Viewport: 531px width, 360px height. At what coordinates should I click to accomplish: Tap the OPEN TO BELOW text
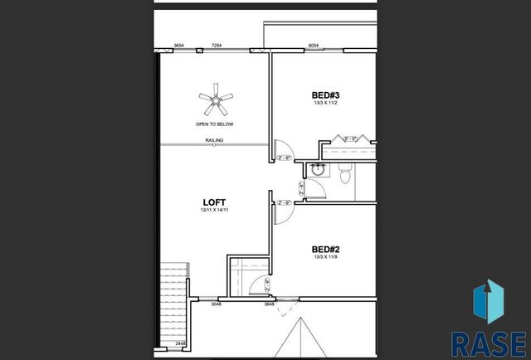(x=214, y=124)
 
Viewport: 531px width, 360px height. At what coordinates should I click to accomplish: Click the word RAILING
(x=214, y=140)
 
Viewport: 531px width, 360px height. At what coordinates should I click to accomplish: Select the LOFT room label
(x=214, y=202)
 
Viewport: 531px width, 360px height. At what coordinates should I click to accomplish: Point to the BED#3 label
(x=326, y=95)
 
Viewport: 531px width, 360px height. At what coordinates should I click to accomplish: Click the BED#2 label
(x=325, y=248)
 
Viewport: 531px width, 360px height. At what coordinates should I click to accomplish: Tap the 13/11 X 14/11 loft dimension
(x=214, y=211)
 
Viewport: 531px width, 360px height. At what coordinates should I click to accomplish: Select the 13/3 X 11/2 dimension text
(x=326, y=104)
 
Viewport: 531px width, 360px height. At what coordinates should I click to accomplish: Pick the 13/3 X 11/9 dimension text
(x=325, y=257)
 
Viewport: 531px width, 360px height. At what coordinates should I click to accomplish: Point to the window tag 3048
(x=216, y=304)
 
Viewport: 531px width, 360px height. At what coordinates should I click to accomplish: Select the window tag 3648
(x=269, y=304)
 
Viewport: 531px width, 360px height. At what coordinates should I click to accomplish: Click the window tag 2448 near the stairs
(x=180, y=343)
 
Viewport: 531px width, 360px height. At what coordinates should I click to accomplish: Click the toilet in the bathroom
(x=347, y=172)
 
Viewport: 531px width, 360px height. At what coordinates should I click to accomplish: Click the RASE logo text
(x=488, y=342)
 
